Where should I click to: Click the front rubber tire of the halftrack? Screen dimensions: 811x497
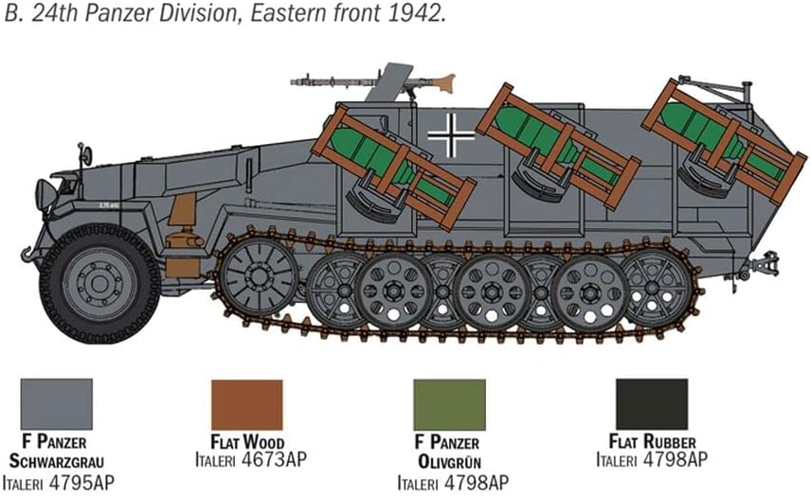point(99,284)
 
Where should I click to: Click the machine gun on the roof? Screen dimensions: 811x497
point(373,81)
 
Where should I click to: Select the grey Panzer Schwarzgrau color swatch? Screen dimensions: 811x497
point(57,404)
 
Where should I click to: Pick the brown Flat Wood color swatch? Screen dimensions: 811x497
point(247,405)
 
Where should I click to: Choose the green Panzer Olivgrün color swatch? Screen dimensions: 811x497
point(449,405)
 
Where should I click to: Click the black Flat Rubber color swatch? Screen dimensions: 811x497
point(652,404)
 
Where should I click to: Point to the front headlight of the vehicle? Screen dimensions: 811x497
point(45,194)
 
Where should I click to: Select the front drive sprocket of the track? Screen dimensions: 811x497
point(259,276)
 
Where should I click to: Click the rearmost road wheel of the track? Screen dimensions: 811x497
point(653,290)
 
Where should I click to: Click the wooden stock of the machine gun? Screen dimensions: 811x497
point(442,82)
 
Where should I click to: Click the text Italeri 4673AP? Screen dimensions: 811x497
point(251,459)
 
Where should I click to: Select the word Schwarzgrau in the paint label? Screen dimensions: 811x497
point(57,461)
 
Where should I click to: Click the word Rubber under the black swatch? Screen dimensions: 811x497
point(671,442)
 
